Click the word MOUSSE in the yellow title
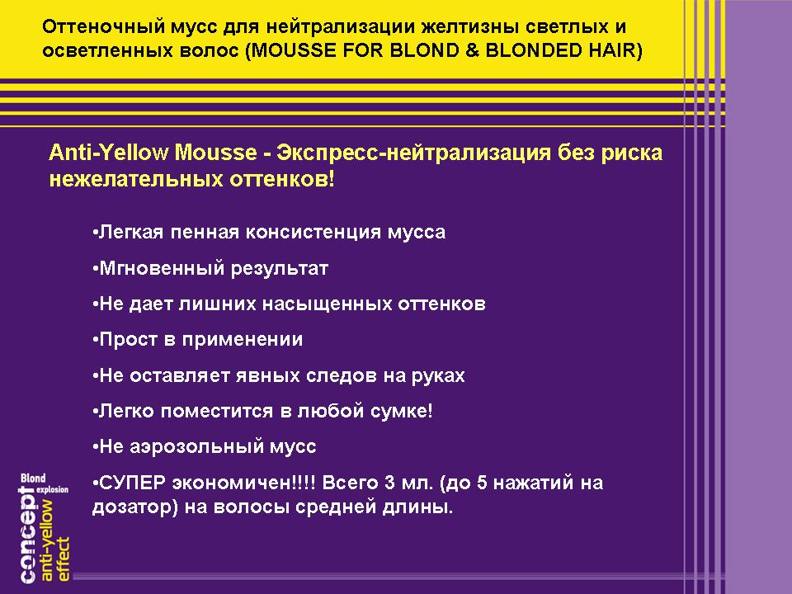tap(294, 50)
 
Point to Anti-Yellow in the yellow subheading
tap(109, 153)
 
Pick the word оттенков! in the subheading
tap(282, 179)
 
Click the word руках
tap(438, 376)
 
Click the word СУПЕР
tap(133, 483)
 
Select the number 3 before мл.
tap(389, 483)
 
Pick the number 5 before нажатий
tap(482, 483)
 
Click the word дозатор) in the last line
tap(134, 507)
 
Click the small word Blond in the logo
tap(33, 478)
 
